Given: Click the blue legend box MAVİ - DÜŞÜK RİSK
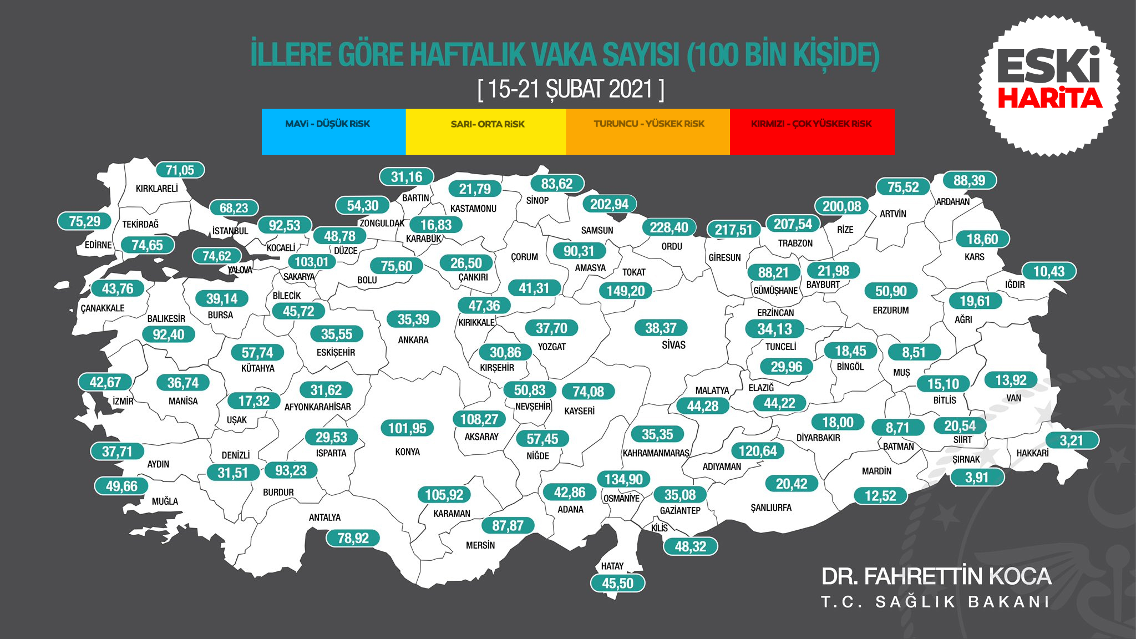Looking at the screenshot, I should tap(333, 131).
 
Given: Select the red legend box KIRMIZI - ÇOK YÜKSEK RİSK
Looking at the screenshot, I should tap(812, 131).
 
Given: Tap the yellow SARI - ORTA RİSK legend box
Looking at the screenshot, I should tap(486, 131).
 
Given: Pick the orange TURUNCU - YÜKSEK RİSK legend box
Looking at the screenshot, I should tap(648, 131).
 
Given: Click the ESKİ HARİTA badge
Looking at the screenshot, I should tap(1049, 85).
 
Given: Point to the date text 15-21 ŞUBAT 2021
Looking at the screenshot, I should tap(571, 89).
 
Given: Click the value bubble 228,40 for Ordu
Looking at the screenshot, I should tap(668, 227).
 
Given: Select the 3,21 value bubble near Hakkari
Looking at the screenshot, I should tap(1071, 440).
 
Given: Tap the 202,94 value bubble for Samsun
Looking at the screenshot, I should tap(609, 204).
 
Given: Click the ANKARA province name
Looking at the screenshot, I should tap(413, 340).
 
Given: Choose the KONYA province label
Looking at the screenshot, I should tap(407, 452).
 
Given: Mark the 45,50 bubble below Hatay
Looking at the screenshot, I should tap(617, 583).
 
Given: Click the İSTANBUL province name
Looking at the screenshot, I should tap(230, 231).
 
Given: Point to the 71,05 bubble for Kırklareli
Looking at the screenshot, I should tap(180, 170).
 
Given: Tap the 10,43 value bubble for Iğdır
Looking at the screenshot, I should tap(1049, 272).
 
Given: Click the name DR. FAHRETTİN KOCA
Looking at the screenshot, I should tap(936, 577).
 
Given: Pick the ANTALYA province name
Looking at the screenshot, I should tap(324, 518).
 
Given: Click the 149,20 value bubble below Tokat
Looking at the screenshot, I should tap(625, 291).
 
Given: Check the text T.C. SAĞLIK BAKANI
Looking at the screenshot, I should tap(935, 602).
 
